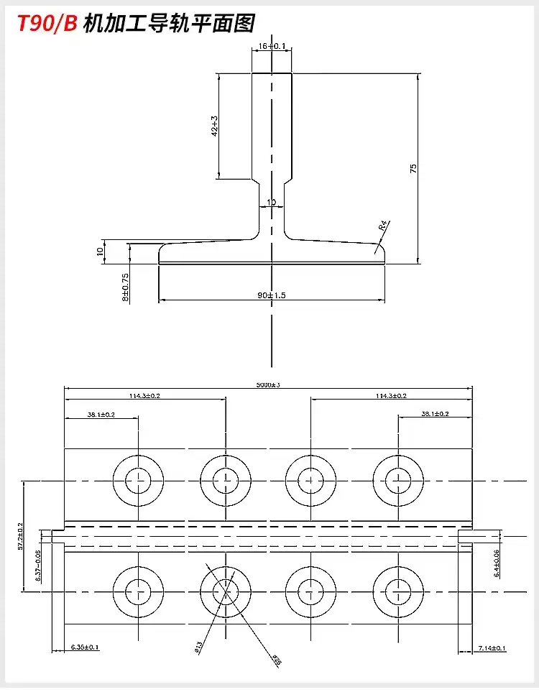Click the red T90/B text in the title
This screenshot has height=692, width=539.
tap(45, 24)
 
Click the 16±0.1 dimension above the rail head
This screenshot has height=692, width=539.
tap(271, 47)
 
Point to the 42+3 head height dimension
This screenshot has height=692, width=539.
tap(214, 126)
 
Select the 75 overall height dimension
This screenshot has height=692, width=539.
tap(413, 167)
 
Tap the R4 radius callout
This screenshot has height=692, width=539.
tap(384, 226)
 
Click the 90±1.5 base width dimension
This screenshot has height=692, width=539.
tap(271, 295)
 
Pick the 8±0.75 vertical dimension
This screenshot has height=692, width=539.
tap(126, 286)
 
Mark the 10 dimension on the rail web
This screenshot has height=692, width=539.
tap(271, 202)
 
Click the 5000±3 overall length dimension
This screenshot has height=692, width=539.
tap(268, 384)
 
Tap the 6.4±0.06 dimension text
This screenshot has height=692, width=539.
tap(496, 563)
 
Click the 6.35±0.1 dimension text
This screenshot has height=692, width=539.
tap(85, 647)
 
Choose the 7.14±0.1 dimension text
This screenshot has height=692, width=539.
tap(492, 649)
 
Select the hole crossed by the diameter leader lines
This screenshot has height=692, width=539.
tap(225, 591)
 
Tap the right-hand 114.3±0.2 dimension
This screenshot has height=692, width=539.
tap(391, 396)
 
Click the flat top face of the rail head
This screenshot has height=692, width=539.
tap(272, 73)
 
